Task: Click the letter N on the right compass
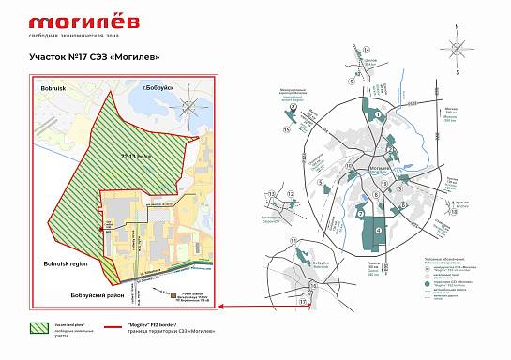pyautogui.click(x=456, y=28)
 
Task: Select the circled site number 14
pyautogui.click(x=368, y=49)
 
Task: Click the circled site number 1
pyautogui.click(x=377, y=114)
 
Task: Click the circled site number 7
pyautogui.click(x=359, y=214)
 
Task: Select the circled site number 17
pyautogui.click(x=302, y=302)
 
